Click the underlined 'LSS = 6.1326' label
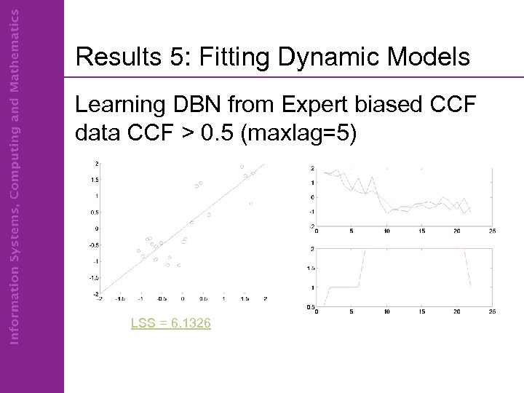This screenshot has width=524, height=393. click(x=171, y=322)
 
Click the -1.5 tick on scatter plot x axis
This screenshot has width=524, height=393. click(x=120, y=298)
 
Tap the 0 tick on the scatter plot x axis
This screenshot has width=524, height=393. click(x=183, y=298)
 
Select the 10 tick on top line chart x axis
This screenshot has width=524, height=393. click(x=386, y=232)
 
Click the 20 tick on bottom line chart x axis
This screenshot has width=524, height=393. click(x=456, y=314)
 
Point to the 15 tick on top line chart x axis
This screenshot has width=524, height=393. click(x=421, y=232)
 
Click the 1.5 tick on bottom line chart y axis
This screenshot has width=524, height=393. click(x=310, y=268)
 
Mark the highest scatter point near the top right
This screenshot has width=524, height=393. click(x=242, y=167)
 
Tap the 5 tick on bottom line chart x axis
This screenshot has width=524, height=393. click(x=351, y=314)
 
